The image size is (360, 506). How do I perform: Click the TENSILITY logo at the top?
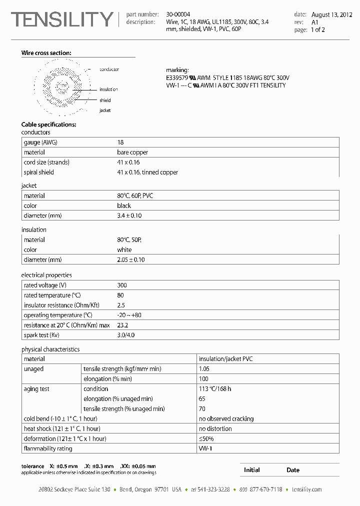click(62, 19)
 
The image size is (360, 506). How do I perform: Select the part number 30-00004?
click(177, 14)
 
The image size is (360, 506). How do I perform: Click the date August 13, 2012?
click(331, 14)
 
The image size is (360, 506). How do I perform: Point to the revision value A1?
click(315, 22)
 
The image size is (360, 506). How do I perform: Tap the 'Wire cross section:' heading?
click(46, 53)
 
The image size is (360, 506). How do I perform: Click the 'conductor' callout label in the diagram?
click(109, 69)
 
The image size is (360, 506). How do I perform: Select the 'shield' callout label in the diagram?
click(105, 100)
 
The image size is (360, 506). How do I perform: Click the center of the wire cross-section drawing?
click(62, 87)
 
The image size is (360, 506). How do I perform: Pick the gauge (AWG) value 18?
click(120, 142)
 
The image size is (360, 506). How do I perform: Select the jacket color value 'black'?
click(124, 205)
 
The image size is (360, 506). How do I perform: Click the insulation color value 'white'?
click(124, 249)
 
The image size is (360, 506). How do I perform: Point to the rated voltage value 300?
click(122, 285)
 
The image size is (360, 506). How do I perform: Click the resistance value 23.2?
click(122, 325)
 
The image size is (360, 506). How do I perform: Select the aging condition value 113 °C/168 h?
click(215, 388)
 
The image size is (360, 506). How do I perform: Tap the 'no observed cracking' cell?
click(226, 418)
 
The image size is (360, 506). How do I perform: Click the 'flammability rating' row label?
click(48, 448)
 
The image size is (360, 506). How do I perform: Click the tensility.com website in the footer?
click(306, 489)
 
